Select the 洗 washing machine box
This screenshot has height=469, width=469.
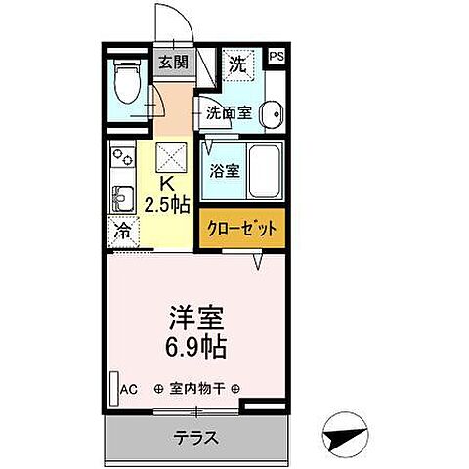point(238,64)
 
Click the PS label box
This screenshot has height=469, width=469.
point(277,57)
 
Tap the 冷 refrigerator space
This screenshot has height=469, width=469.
point(121,233)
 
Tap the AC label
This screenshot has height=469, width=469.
point(128,388)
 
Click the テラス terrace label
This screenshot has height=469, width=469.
point(196,436)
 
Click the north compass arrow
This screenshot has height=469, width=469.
point(346,437)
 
